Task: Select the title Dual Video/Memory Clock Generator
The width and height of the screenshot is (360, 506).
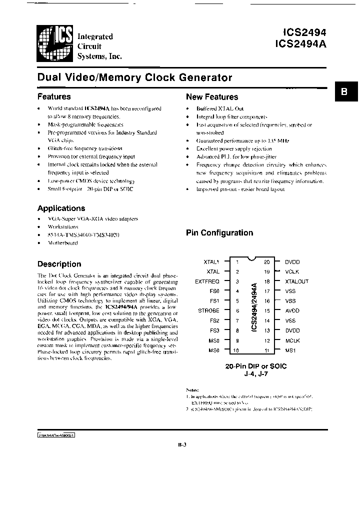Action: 135,77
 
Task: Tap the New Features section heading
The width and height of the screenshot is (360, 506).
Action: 212,97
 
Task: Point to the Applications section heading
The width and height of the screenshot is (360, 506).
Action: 61,208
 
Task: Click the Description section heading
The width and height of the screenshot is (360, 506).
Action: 59,264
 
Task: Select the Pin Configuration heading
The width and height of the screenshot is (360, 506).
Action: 219,232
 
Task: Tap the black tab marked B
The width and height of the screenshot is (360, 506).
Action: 344,92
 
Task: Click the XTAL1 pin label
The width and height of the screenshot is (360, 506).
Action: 211,261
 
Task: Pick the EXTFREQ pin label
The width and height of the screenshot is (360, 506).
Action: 207,281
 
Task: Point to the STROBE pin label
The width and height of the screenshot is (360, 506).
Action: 209,310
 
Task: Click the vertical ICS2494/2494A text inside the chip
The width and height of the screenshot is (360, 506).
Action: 254,306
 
